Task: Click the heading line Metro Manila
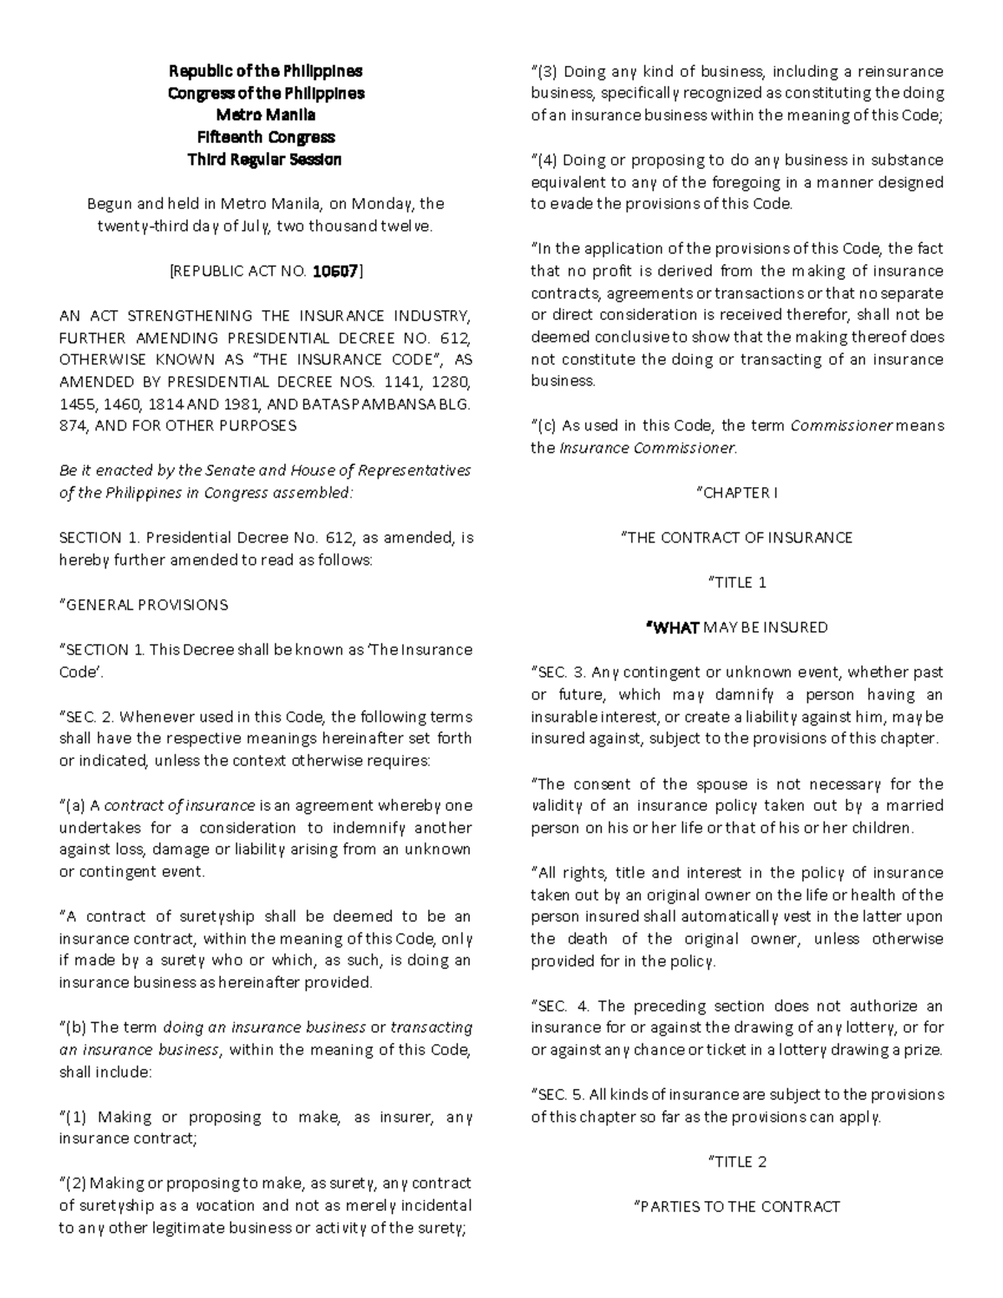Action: pos(266,115)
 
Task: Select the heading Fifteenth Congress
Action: pos(266,137)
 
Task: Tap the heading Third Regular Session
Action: pos(266,159)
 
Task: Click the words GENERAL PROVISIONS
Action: pos(144,604)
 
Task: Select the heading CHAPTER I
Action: pos(737,493)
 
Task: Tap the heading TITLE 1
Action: pos(737,583)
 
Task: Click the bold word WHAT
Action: pos(674,627)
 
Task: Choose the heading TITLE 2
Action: pos(737,1162)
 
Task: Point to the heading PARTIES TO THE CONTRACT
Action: pos(737,1206)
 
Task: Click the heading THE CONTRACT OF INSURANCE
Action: pos(737,537)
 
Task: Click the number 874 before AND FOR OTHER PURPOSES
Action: pos(72,425)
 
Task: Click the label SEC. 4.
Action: pos(562,1005)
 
